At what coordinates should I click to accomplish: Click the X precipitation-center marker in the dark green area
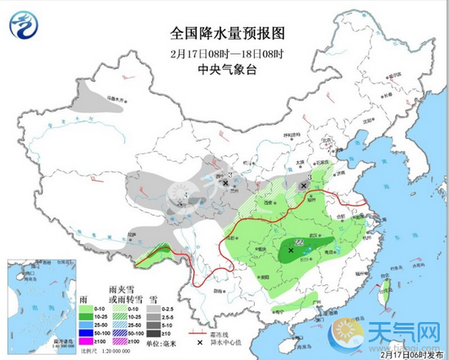click(291, 250)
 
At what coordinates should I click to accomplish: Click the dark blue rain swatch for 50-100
click(85, 331)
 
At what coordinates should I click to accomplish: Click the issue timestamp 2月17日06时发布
click(412, 354)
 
